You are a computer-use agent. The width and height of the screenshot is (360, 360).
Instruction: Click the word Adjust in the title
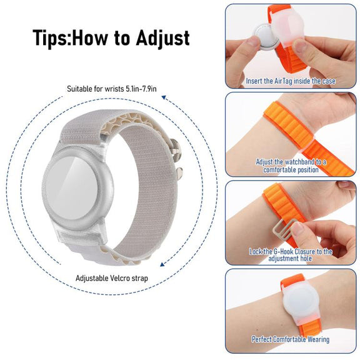point(162,39)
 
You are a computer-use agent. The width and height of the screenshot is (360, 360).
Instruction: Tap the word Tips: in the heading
point(52,38)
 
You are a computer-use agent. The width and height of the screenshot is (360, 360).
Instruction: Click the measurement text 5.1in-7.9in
point(141,89)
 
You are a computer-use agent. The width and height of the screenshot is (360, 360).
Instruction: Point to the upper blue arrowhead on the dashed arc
point(164,97)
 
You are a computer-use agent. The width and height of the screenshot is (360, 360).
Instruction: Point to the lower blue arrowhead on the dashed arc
point(162,264)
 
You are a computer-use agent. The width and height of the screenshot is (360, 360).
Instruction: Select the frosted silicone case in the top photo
point(288,29)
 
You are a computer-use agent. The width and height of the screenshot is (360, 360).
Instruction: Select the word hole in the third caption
point(306,259)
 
